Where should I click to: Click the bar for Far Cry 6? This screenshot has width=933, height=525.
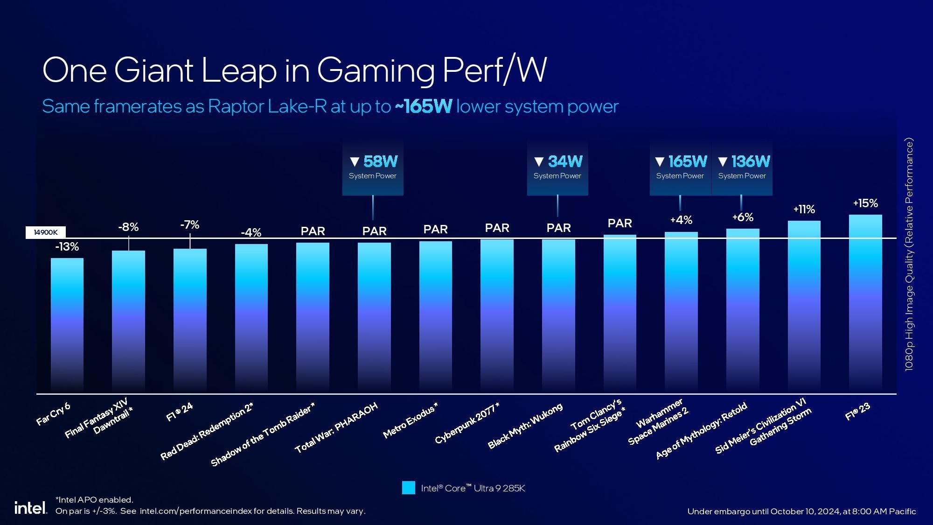pos(67,324)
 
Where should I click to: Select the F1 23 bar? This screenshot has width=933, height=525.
pos(865,303)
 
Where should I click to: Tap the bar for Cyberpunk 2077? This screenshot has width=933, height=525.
pos(497,315)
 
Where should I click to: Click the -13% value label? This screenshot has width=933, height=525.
pos(67,247)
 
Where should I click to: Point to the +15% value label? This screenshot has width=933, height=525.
pos(865,203)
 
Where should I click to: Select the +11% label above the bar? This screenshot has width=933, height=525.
pos(804,210)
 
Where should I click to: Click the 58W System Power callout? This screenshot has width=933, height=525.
pos(373,168)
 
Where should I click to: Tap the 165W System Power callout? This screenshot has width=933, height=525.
pos(680,168)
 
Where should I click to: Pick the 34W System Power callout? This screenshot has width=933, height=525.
pos(557,168)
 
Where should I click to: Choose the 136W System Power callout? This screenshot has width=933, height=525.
pos(742,168)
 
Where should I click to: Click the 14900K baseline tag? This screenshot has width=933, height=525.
pos(46,232)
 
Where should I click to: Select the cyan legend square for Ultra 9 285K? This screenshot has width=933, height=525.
pos(408,488)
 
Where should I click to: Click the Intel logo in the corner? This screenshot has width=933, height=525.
pos(30,508)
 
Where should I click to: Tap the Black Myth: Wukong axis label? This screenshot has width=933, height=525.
pos(525,426)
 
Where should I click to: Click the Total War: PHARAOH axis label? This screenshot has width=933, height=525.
pos(336,427)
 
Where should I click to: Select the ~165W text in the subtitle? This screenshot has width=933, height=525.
pos(423,106)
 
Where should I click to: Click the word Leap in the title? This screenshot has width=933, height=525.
pos(238,70)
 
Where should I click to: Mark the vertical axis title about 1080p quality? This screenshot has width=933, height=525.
pos(909,254)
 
